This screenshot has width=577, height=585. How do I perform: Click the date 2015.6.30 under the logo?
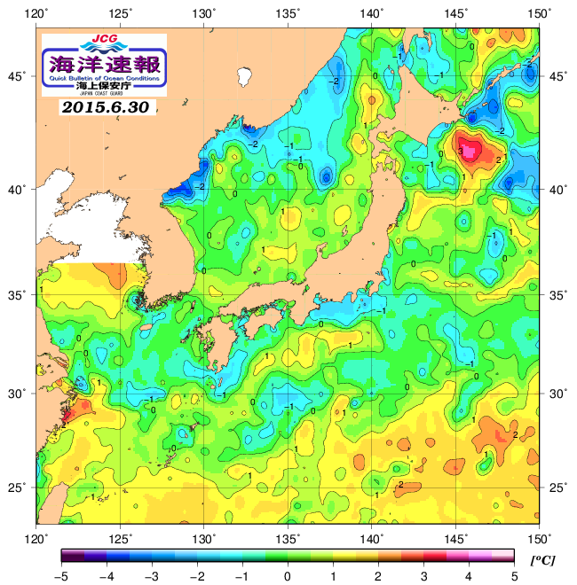click(107, 107)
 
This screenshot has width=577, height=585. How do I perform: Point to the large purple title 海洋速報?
click(104, 63)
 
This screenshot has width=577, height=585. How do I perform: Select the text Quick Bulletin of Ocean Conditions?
click(104, 79)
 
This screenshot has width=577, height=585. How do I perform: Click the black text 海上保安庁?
click(104, 87)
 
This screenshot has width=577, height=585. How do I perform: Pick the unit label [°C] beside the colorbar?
click(541, 560)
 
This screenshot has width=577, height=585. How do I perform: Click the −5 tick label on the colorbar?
click(60, 577)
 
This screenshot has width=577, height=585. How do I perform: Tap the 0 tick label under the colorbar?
click(288, 577)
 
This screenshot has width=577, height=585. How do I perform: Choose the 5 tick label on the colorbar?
click(514, 577)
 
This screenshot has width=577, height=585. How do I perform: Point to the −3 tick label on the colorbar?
click(151, 577)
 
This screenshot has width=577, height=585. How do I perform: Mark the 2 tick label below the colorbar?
click(378, 577)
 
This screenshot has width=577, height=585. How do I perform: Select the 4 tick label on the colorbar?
click(469, 577)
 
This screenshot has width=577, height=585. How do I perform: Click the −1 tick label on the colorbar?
click(241, 577)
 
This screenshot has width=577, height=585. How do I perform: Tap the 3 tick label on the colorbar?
click(423, 577)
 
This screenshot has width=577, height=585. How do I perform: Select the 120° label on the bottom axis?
click(36, 537)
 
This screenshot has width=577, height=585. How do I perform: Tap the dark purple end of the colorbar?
click(67, 556)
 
